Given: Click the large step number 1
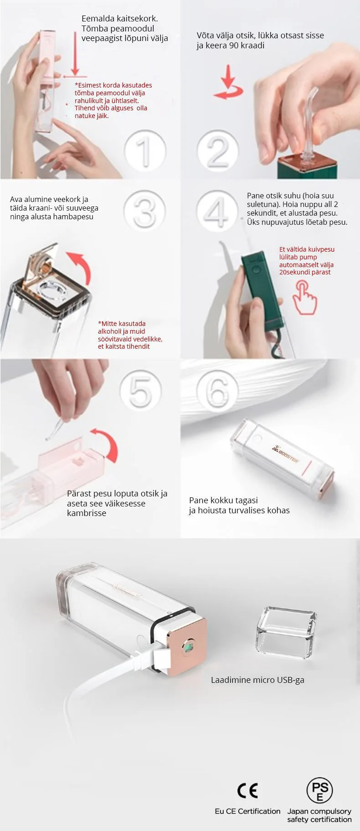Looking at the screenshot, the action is click(145, 150).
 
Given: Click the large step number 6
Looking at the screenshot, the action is click(217, 390).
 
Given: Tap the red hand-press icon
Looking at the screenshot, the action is click(304, 297).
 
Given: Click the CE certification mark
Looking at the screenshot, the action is click(248, 790).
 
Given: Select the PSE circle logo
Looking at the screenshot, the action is click(319, 790).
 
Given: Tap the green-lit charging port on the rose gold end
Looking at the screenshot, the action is click(188, 646).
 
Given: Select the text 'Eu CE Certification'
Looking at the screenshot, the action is click(247, 811).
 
